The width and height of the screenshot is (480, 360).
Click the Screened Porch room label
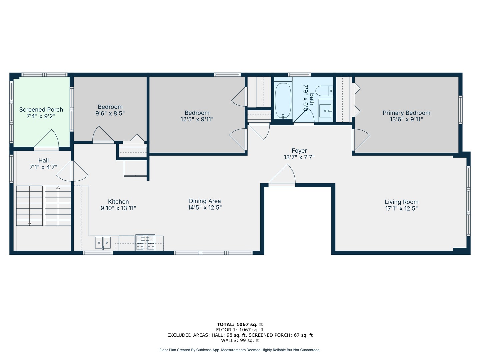coord(41,110)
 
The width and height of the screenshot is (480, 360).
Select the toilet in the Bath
coord(324,91)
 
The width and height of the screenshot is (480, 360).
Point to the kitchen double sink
coord(103,242)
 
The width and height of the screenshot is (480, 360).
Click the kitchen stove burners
coord(145,242)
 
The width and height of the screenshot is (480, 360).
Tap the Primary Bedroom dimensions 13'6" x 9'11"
coord(406,119)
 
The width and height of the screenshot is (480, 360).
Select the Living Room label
coord(401,202)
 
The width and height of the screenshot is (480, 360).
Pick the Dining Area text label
coord(205,201)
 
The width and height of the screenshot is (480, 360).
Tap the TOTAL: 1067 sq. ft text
coord(240,324)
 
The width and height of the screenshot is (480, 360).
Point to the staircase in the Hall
coord(44,206)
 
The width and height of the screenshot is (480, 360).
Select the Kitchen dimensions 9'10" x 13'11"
coord(118,208)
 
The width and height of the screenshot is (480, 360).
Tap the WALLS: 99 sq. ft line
coord(240,340)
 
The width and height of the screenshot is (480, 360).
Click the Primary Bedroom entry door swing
coord(361,139)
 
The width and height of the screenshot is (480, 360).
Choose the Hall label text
coord(43,161)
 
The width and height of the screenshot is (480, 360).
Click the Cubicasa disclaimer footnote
coord(240,350)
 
